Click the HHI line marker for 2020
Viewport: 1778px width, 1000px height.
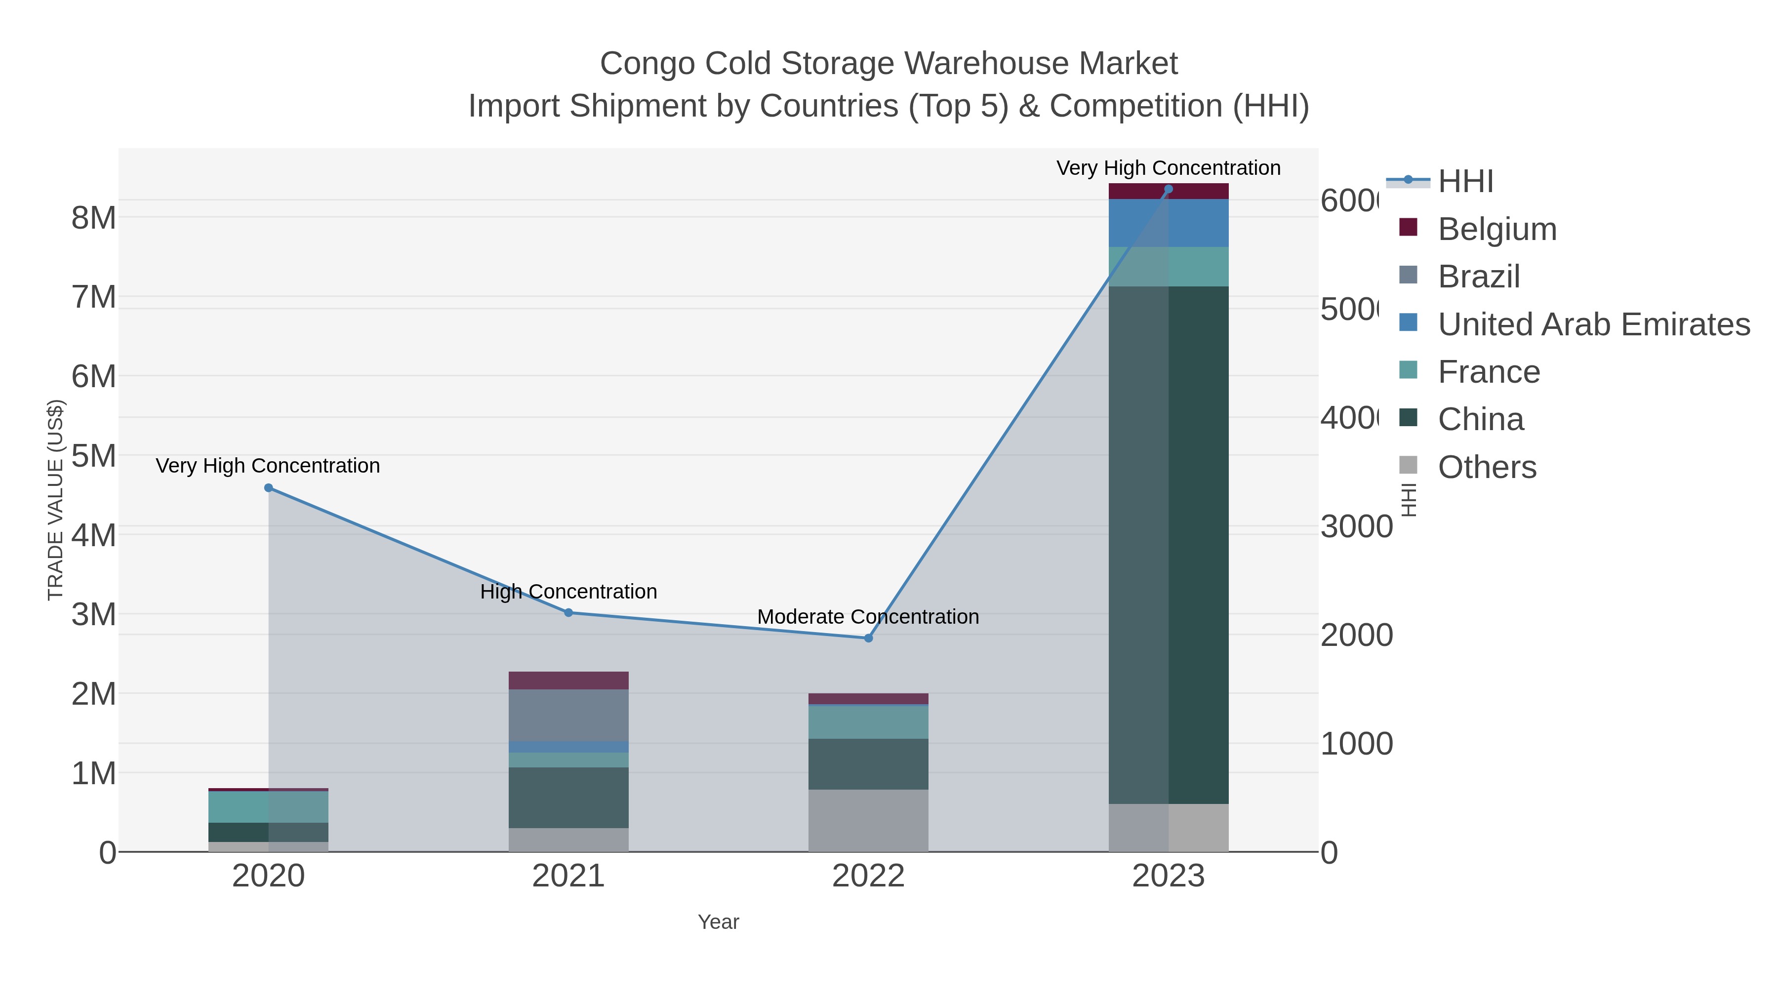269,488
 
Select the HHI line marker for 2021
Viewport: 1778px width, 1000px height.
569,612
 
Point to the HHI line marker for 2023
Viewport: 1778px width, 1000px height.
1169,189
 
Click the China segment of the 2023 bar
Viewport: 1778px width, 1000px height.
1169,545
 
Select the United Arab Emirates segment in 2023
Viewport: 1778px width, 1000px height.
1169,223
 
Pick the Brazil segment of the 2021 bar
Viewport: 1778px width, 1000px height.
569,715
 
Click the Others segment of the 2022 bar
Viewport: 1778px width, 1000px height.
868,821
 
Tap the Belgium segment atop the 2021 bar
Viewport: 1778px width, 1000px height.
569,680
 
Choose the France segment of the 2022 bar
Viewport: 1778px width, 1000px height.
868,722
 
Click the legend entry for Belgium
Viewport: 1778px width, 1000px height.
1497,229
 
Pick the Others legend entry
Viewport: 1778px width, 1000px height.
1487,467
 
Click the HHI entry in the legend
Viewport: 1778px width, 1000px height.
1465,182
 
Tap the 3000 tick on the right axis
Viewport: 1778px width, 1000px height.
1356,527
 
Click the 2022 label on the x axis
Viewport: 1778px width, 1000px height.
868,877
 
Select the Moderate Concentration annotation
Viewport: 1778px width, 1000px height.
868,616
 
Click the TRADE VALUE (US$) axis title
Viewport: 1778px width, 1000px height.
55,500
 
